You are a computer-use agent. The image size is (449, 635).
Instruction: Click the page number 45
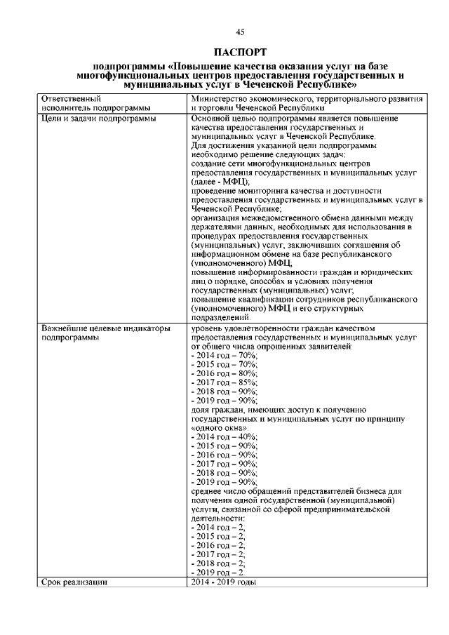(x=241, y=31)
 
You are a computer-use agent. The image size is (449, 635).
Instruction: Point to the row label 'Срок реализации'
(x=74, y=582)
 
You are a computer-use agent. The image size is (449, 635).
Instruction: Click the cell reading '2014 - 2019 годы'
(x=223, y=582)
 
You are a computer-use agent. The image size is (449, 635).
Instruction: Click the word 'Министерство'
(x=217, y=100)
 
